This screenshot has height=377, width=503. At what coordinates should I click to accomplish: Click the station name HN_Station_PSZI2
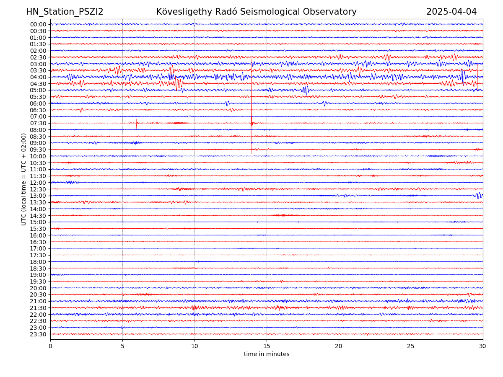[x=65, y=12]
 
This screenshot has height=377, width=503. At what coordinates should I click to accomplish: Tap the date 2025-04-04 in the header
[x=451, y=12]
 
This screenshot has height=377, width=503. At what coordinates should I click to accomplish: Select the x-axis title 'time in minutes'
[x=267, y=354]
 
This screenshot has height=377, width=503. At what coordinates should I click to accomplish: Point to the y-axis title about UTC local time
[x=24, y=179]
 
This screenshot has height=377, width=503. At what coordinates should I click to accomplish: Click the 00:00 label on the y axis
[x=38, y=24]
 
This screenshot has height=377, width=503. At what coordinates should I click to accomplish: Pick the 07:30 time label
[x=38, y=123]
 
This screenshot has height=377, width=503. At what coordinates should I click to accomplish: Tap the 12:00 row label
[x=38, y=183]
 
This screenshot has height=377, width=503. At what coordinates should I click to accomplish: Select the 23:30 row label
[x=38, y=334]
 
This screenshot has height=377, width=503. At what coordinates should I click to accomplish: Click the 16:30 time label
[x=38, y=242]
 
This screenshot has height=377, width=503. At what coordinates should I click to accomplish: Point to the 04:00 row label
[x=38, y=77]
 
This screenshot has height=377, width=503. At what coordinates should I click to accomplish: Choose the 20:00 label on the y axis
[x=38, y=288]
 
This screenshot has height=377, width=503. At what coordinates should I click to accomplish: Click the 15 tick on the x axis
[x=267, y=346]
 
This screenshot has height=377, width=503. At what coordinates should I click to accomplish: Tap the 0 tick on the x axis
[x=50, y=346]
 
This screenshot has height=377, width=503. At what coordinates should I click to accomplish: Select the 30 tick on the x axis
[x=483, y=346]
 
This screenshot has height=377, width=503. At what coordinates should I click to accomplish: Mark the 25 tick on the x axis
[x=411, y=346]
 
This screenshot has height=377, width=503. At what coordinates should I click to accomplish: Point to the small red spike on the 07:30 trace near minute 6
[x=137, y=123]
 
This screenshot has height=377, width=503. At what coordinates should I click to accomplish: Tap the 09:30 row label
[x=38, y=150]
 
